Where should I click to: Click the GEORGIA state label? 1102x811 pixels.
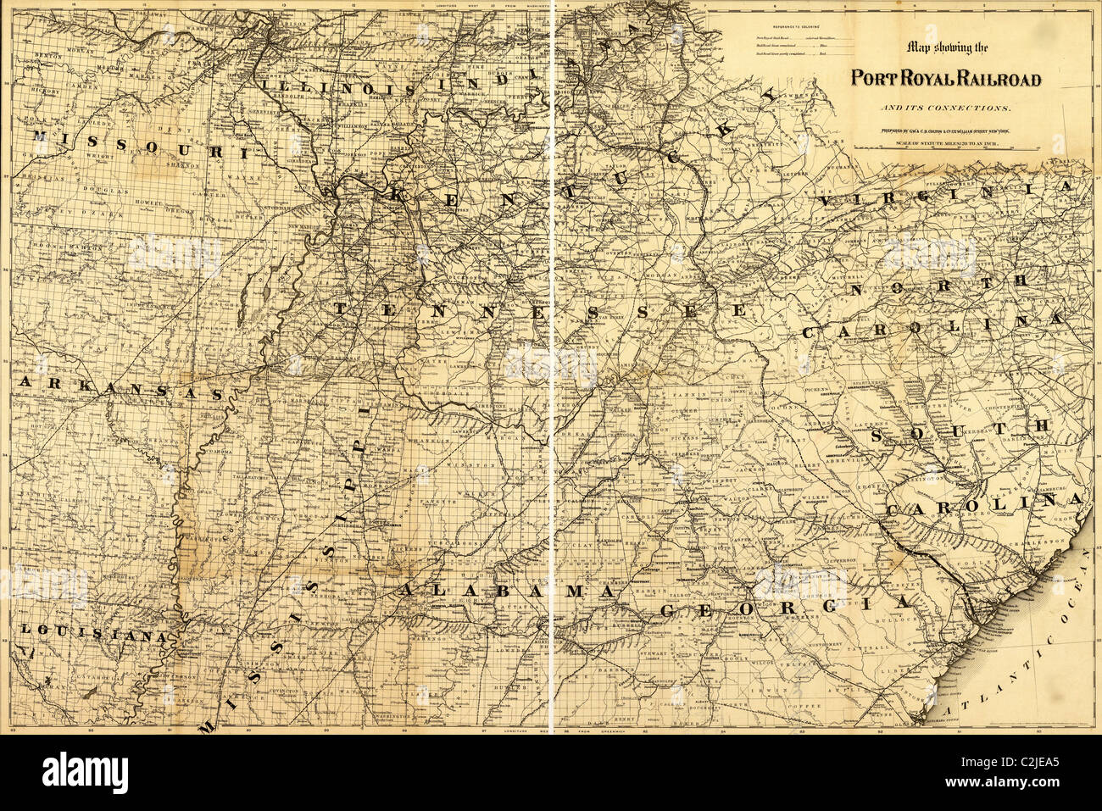784,607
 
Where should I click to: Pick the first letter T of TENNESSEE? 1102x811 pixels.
341,308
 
